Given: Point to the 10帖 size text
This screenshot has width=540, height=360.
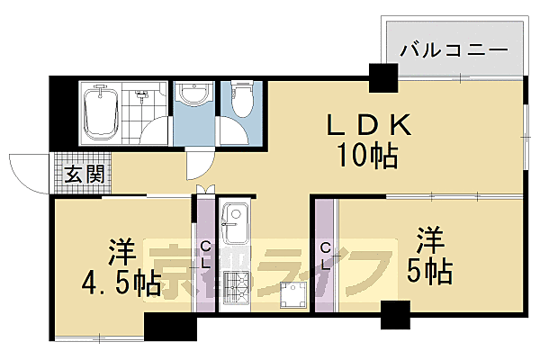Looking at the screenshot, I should (368, 157).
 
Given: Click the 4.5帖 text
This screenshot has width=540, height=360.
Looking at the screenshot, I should (119, 282).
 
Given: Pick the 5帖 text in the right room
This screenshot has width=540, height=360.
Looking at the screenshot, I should (433, 268).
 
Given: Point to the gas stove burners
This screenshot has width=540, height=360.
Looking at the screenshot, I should (238, 290).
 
